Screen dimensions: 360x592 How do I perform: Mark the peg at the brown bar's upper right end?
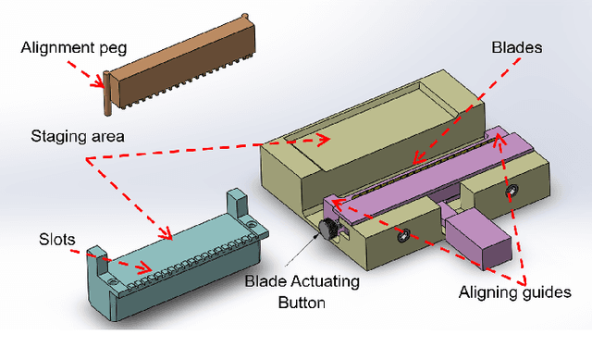point(245,18)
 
